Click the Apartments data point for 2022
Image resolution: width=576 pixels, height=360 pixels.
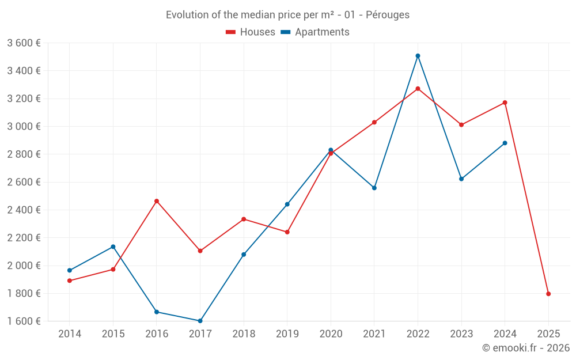418,56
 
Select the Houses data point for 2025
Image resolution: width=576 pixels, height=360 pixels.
548,294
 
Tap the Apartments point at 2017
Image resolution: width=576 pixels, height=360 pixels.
200,321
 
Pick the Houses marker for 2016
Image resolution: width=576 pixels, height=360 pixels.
157,201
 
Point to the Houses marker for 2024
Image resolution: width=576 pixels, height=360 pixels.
505,103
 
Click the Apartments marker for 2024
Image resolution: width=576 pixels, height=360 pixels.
505,143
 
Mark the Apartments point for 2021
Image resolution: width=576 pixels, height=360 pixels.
374,188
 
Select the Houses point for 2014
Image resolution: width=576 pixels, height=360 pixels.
70,281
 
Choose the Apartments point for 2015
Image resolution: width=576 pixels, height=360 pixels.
113,247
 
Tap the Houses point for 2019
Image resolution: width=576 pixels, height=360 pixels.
287,232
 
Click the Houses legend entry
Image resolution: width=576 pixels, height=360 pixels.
251,32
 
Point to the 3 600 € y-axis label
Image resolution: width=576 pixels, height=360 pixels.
24,43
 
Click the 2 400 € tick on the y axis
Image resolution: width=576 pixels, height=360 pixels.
24,210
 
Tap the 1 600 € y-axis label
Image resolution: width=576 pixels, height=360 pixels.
24,321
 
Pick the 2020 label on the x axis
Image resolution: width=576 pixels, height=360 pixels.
331,334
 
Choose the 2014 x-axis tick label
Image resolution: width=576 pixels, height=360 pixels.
70,334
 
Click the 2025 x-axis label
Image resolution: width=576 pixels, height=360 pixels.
548,334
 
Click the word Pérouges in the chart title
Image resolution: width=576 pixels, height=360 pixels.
388,15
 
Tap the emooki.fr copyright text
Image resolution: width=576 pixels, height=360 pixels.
526,348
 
